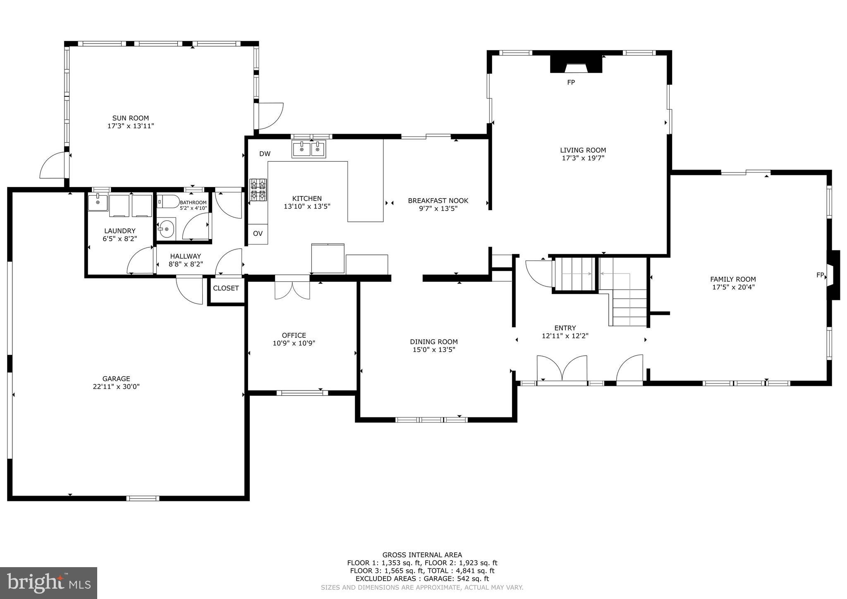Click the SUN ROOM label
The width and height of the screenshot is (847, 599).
click(x=131, y=118)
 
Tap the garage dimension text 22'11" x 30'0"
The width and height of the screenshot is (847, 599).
click(x=116, y=387)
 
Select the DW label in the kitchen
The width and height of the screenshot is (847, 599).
click(x=265, y=154)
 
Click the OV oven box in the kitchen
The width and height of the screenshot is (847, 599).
click(x=258, y=234)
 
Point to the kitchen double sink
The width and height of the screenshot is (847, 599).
click(x=309, y=149)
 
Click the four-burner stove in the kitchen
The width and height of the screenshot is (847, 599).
click(x=258, y=190)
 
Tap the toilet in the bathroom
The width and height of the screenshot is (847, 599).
click(x=168, y=202)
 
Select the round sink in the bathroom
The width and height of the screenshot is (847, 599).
click(x=166, y=229)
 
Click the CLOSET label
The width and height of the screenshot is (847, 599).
click(x=226, y=288)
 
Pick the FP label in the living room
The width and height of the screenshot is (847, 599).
click(x=571, y=82)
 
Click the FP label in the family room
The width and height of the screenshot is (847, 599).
click(x=820, y=275)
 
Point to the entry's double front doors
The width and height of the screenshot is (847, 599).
click(x=562, y=368)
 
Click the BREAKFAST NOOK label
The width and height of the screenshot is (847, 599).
click(x=438, y=201)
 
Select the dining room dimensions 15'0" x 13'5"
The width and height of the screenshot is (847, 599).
click(x=434, y=350)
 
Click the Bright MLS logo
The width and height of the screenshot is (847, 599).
click(x=48, y=583)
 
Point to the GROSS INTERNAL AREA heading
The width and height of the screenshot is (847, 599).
click(x=422, y=555)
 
